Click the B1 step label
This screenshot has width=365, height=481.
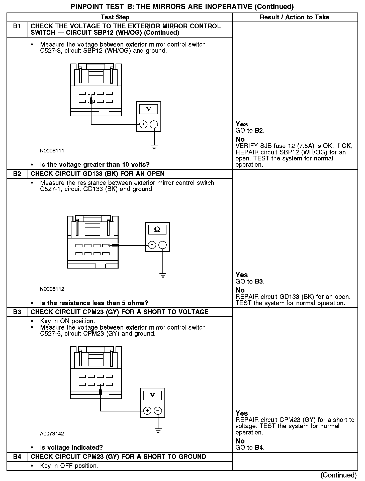(17, 26)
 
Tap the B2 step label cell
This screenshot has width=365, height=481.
(17, 174)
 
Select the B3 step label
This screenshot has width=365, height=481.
(17, 312)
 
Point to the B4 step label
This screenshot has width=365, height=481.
(17, 456)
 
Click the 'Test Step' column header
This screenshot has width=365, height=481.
(115, 17)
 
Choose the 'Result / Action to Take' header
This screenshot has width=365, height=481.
(295, 17)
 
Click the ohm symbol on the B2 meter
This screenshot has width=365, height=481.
(157, 229)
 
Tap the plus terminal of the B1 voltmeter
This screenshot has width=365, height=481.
(143, 124)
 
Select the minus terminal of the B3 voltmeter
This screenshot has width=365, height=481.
(158, 411)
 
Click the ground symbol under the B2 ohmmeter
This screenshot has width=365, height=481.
(163, 275)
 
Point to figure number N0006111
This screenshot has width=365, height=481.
(52, 151)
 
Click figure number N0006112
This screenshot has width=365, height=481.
(52, 289)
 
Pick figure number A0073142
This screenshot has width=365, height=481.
(52, 434)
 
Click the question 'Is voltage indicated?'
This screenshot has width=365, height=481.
(71, 447)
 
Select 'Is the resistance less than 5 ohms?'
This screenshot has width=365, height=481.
(94, 303)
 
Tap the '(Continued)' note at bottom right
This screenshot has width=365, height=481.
(338, 475)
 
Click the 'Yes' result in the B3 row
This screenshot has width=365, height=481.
(242, 413)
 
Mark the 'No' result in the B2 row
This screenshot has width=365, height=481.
(240, 290)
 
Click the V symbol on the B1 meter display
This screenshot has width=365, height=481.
(148, 109)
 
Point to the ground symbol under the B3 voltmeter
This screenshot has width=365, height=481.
(158, 431)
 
